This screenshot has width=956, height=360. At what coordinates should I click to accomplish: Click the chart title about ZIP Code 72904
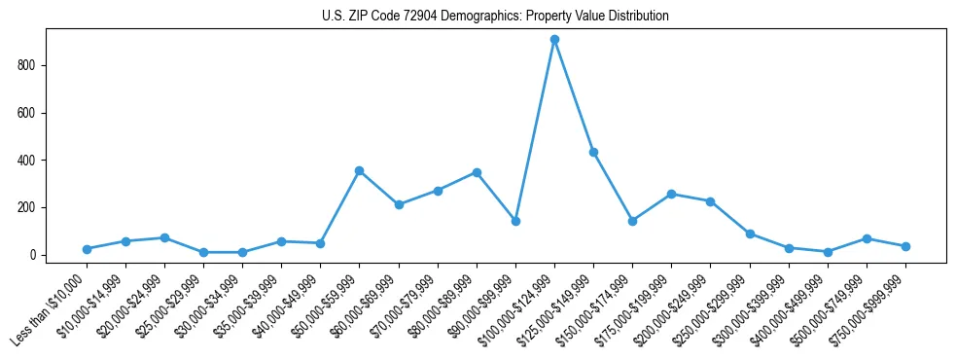(x=495, y=17)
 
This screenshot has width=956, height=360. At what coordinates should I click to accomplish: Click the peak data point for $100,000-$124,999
(x=554, y=40)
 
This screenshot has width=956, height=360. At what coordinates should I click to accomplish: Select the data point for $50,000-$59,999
(x=359, y=171)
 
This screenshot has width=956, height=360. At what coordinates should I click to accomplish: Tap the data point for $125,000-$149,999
(x=593, y=153)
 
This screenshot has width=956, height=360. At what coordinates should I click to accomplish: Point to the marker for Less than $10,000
(x=87, y=249)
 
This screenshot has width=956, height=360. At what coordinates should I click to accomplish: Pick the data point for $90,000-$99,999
(x=515, y=221)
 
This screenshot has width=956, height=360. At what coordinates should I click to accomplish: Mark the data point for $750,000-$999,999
(x=905, y=246)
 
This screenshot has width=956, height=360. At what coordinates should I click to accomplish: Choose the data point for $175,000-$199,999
(x=671, y=195)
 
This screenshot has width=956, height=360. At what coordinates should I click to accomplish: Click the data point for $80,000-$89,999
(x=477, y=172)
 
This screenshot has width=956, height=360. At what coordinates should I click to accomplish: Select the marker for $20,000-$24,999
(x=164, y=237)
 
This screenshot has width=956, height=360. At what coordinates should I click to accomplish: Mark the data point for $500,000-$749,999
(x=867, y=238)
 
